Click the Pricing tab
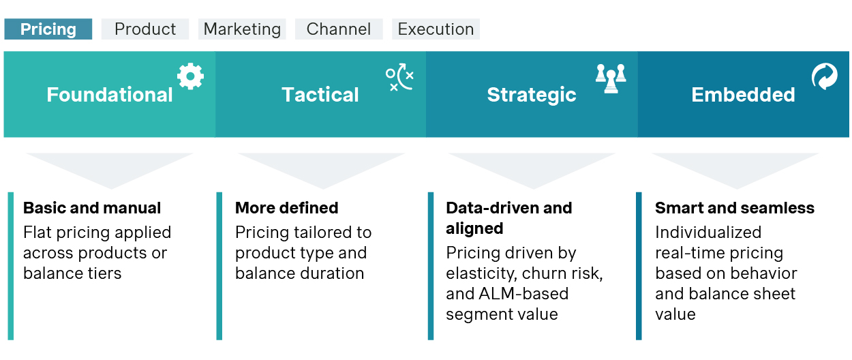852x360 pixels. point(48,29)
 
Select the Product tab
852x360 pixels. point(145,29)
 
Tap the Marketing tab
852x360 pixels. point(242,29)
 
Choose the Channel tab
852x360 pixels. point(339,29)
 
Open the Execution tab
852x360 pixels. point(436,29)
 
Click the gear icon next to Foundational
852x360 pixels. point(191,76)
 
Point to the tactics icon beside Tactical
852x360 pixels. point(399,77)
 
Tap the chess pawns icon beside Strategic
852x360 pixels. point(611,78)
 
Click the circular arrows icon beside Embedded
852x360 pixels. point(825,76)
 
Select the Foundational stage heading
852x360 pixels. point(110,94)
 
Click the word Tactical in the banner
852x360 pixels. point(320,94)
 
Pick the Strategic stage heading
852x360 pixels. point(532,95)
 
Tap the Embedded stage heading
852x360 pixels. point(743,94)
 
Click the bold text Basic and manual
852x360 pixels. point(92,208)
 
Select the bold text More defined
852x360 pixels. point(287,208)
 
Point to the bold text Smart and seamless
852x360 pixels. point(735,208)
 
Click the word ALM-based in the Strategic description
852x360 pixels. point(523,294)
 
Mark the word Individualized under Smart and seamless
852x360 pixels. point(708,232)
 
